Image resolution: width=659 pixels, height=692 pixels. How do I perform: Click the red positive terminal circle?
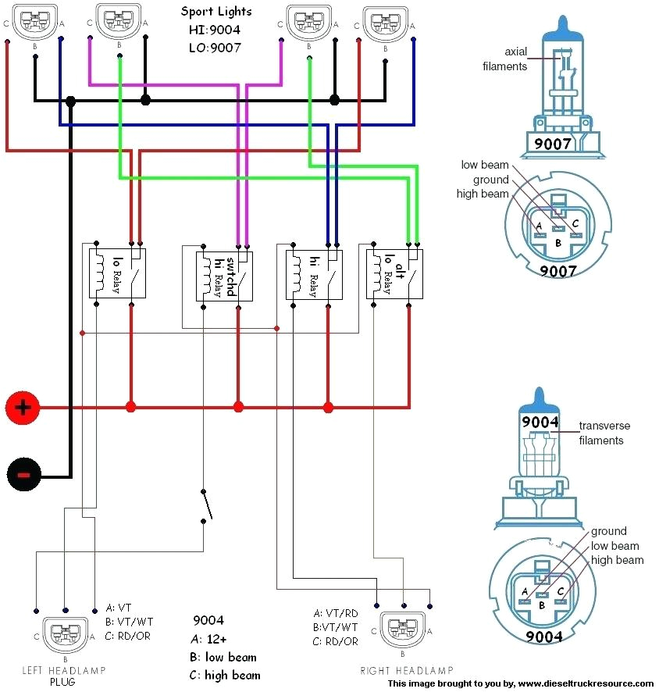pyautogui.click(x=23, y=407)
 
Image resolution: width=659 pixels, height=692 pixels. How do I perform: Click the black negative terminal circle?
pyautogui.click(x=23, y=474)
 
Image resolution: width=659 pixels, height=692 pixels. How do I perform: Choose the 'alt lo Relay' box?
pyautogui.click(x=394, y=271)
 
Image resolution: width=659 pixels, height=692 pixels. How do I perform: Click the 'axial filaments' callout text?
pyautogui.click(x=505, y=59)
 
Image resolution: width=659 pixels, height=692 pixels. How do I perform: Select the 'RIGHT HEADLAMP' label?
pyautogui.click(x=406, y=671)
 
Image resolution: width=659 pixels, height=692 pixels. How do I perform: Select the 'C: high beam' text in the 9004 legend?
pyautogui.click(x=226, y=675)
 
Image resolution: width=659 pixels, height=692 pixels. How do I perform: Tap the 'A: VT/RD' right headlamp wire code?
pyautogui.click(x=336, y=613)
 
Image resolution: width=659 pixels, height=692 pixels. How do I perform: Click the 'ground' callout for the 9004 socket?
pyautogui.click(x=609, y=532)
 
